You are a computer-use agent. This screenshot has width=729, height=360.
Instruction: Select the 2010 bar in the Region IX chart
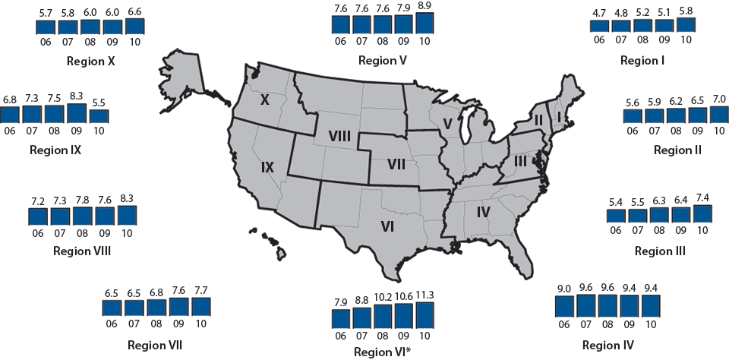coord(99,117)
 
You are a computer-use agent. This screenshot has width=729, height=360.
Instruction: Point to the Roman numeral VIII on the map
coord(339,135)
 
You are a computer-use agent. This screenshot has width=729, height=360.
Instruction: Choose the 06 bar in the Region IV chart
coord(566,306)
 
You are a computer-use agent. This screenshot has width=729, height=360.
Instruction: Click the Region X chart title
coord(90,61)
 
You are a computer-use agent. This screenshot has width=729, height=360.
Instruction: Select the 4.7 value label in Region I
coord(599,12)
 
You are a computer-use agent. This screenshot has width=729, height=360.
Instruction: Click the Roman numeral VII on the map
coord(396,164)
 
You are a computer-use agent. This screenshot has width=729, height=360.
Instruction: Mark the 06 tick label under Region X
coord(46,41)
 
